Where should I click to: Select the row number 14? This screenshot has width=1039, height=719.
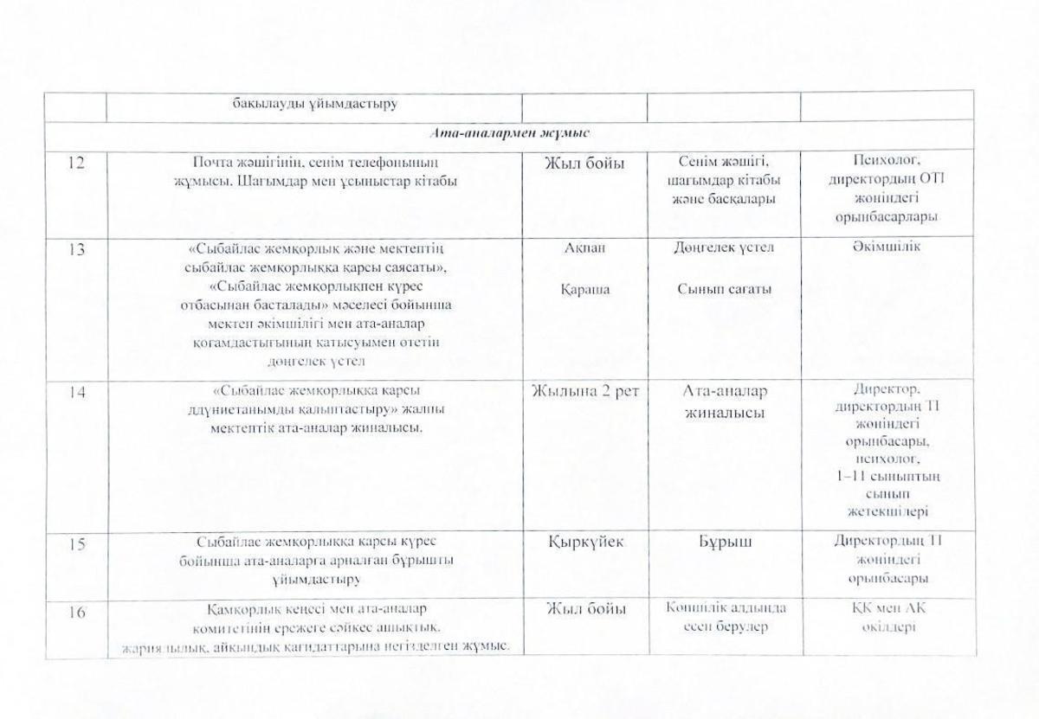click(75, 391)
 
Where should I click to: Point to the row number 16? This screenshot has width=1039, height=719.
click(75, 611)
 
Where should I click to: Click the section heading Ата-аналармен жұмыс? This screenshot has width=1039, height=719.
click(517, 132)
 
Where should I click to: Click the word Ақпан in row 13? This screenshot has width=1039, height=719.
click(584, 248)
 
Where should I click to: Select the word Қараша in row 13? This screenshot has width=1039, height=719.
click(584, 290)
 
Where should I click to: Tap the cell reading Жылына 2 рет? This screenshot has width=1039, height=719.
click(584, 392)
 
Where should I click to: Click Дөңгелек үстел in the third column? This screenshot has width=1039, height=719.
click(724, 248)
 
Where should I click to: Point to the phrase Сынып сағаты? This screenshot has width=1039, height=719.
click(724, 290)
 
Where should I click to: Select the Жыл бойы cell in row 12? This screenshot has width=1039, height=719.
click(584, 164)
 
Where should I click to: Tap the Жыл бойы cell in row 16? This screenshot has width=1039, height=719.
click(584, 610)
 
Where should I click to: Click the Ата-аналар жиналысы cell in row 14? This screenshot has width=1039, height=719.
click(724, 402)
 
